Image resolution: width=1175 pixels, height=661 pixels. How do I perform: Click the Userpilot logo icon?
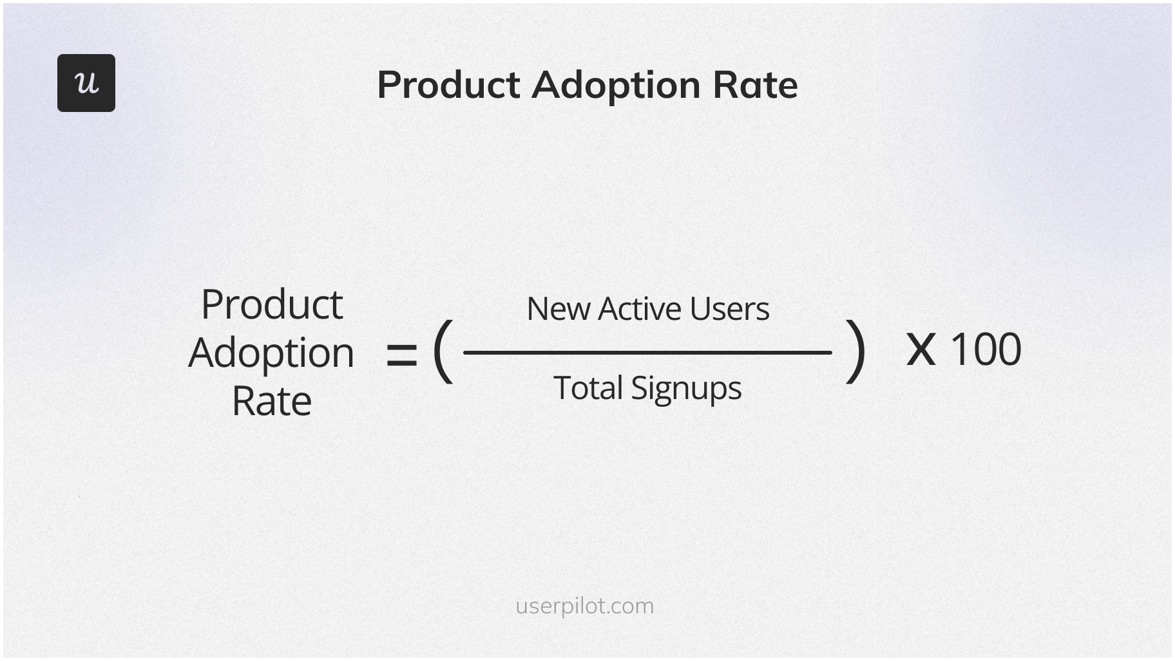pos(86,83)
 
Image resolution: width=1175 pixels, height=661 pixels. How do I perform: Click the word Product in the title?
pos(448,85)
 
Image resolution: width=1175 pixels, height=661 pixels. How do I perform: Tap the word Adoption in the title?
pos(616,85)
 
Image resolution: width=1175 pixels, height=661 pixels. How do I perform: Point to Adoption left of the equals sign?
pos(271,353)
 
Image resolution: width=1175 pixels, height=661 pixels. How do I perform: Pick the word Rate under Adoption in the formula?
pos(271,402)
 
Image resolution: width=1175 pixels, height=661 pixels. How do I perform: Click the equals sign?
pos(401,355)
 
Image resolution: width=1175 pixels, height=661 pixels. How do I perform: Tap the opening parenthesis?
pos(442,351)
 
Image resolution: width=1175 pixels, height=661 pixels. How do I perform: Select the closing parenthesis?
pos(855,351)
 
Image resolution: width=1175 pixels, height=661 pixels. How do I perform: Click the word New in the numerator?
pos(559,309)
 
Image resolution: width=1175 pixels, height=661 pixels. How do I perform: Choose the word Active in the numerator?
pos(638,309)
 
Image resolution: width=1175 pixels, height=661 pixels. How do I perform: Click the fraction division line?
pos(647,353)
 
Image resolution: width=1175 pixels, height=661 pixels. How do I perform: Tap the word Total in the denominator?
pos(588,388)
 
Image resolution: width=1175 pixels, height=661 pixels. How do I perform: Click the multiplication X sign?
pos(921,350)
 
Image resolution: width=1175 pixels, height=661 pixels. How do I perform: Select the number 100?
pos(986,349)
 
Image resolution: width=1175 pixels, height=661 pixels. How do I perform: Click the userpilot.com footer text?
pos(584,606)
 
